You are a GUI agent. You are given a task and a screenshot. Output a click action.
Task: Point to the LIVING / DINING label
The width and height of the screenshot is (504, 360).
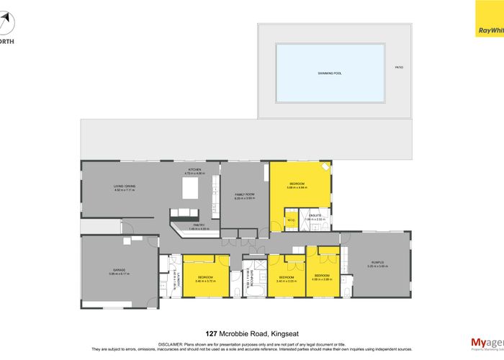125,186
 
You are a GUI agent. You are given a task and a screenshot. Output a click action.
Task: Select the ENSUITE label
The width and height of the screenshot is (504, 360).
315,215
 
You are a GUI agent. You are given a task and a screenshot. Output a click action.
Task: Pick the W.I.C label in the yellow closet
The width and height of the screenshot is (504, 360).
291,220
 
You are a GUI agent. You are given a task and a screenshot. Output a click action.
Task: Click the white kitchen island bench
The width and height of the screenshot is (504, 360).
192,189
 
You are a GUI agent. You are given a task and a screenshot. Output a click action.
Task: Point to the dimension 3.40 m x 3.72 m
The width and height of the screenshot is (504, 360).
205,281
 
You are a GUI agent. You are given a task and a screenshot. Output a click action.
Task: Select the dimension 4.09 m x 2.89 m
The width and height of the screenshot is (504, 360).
321,279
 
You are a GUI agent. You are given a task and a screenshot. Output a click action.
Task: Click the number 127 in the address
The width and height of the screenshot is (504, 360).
211,333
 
